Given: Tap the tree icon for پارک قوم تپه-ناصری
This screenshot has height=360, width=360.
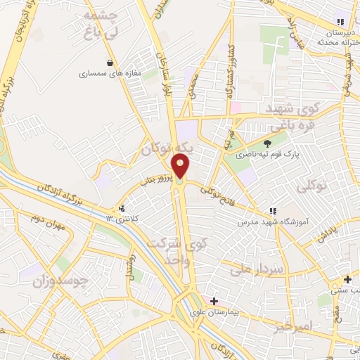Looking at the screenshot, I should click(266, 142).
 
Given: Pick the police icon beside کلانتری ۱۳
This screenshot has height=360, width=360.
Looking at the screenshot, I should click(122, 209).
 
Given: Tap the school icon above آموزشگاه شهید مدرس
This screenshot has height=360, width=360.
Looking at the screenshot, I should click(271, 211).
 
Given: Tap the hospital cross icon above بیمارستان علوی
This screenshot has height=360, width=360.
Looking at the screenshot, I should click(214, 301).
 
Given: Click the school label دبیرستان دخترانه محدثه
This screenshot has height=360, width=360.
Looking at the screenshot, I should click(332, 37).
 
